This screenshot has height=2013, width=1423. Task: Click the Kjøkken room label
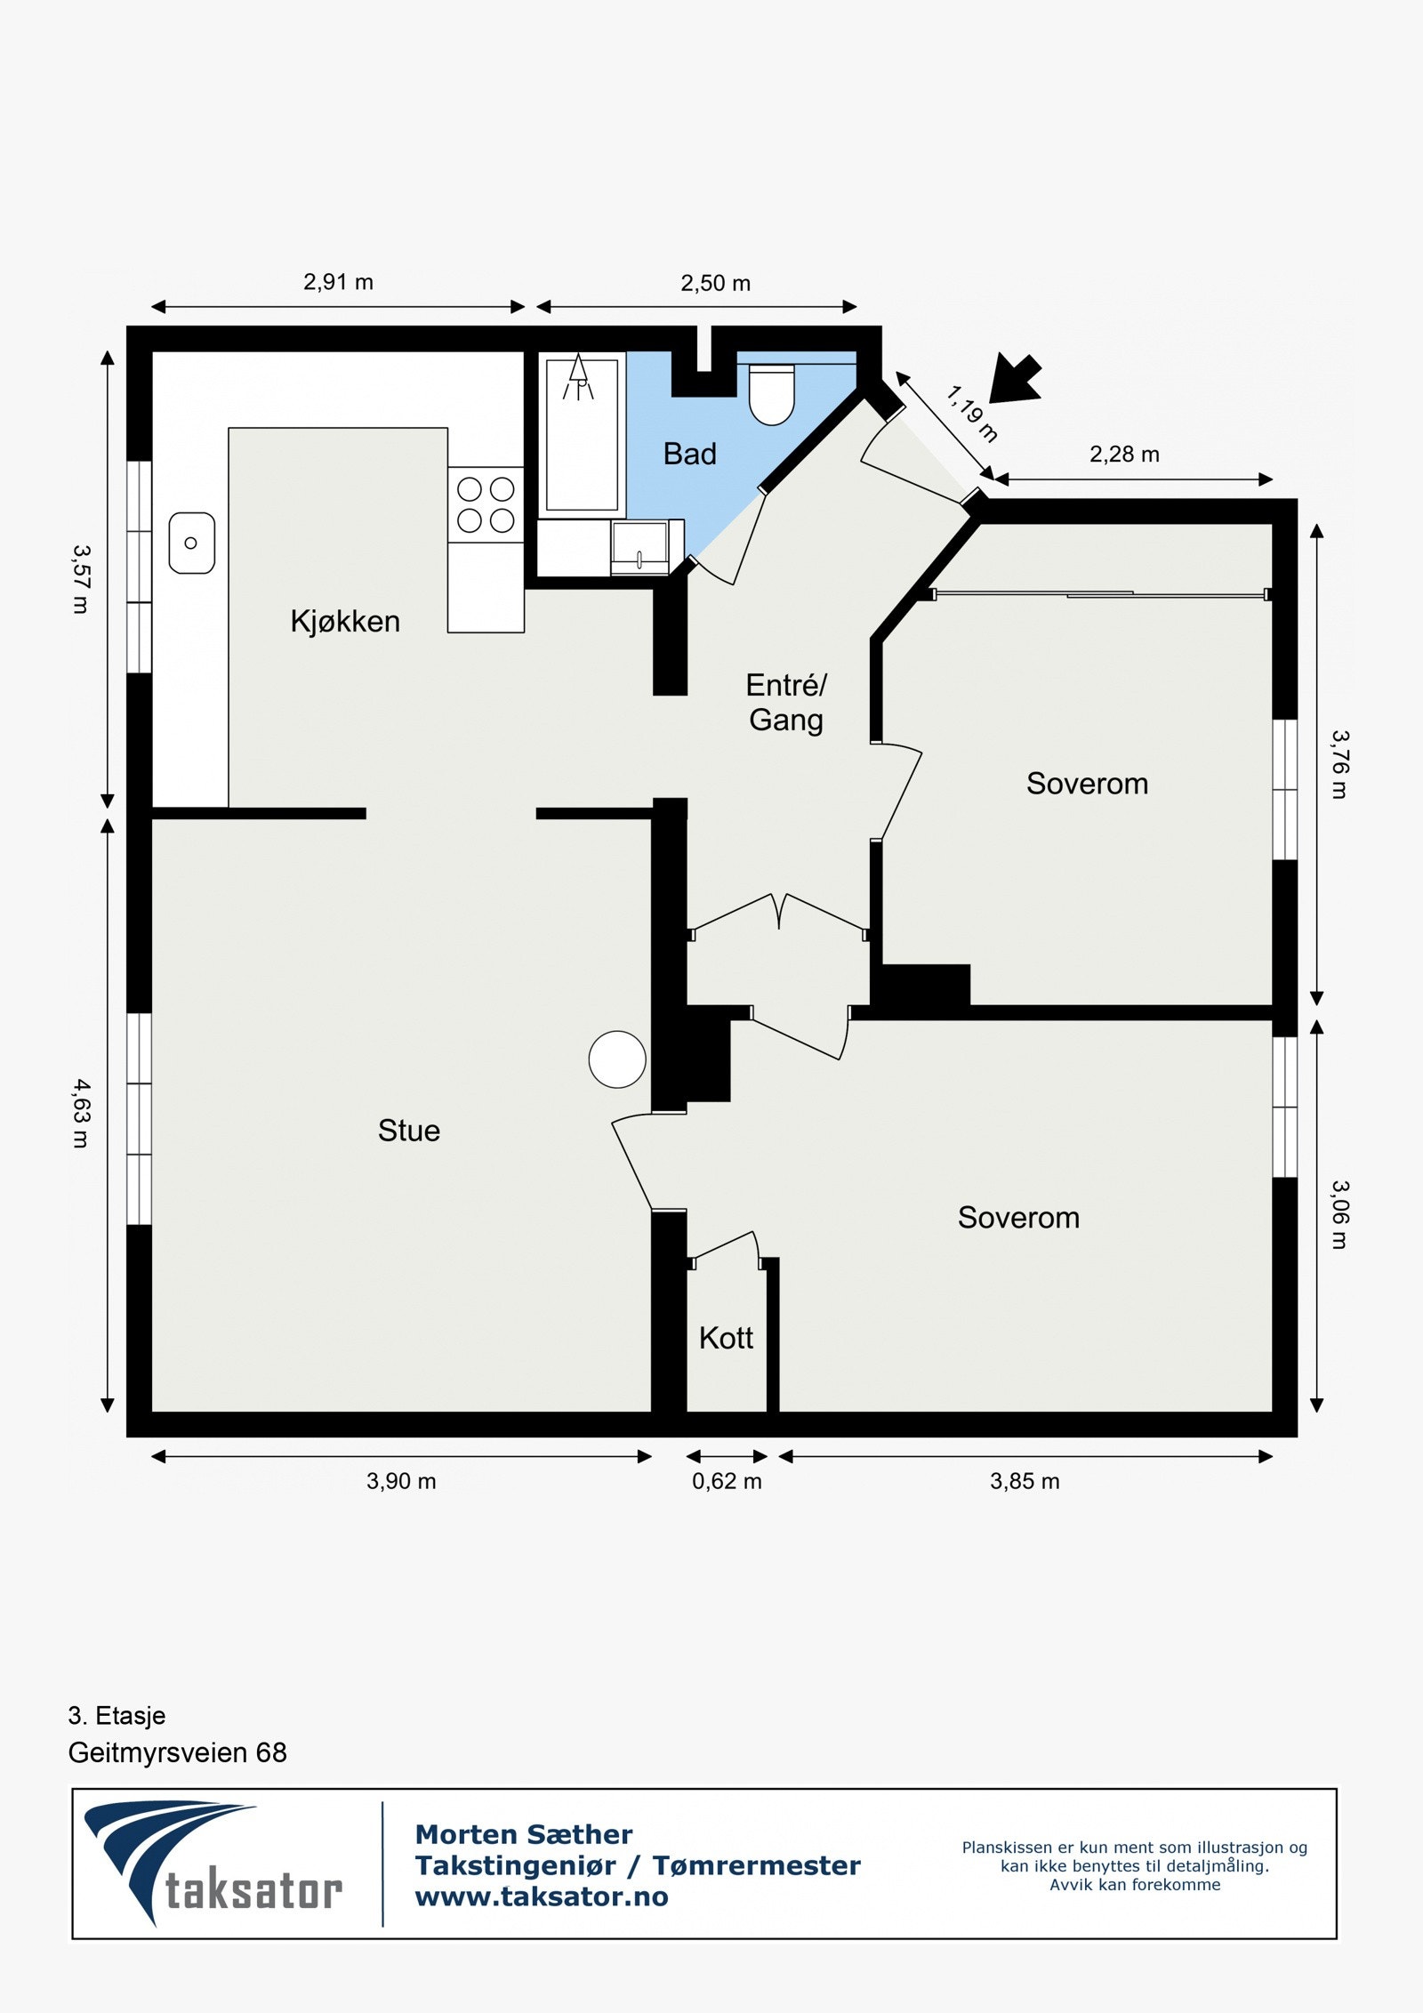[x=345, y=621]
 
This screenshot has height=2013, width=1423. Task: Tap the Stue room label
[x=408, y=1131]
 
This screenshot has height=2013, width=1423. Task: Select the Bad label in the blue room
[x=689, y=455]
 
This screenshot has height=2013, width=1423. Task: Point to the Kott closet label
[x=726, y=1338]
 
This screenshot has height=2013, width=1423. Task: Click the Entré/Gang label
[x=786, y=703]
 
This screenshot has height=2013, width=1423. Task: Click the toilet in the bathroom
[x=771, y=396]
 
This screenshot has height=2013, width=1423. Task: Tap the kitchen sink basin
[x=191, y=543]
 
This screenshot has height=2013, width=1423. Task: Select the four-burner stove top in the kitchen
[x=486, y=504]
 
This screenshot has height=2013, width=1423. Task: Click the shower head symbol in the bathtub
[x=578, y=377]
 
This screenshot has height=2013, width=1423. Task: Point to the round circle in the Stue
[x=617, y=1059]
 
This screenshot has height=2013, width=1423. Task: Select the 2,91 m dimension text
[x=338, y=283]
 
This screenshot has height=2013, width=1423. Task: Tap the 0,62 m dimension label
[x=727, y=1481]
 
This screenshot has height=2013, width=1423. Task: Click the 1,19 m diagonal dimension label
[x=971, y=414]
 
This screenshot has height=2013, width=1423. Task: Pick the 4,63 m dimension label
[x=81, y=1113]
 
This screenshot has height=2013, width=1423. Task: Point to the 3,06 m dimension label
[x=1340, y=1214]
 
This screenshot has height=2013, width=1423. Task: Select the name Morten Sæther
[x=524, y=1834]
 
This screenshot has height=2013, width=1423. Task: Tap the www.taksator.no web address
[x=542, y=1896]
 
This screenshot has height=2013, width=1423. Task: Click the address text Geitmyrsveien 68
[x=177, y=1753]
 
